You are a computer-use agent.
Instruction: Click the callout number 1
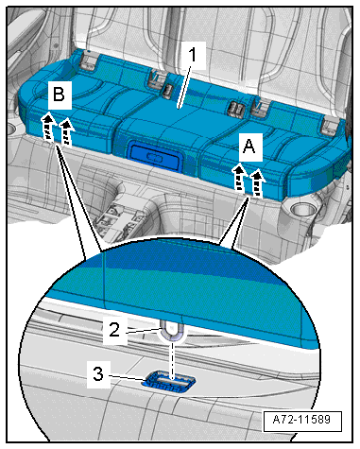coord(193,55)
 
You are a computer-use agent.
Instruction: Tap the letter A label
coord(249,147)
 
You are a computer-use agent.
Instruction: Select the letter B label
coord(59,95)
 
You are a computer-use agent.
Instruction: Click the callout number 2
coord(114,330)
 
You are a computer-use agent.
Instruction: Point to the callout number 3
coord(98,374)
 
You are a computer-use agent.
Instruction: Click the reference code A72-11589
coord(301,420)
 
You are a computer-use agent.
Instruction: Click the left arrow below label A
coord(239,179)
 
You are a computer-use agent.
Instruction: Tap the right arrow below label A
coord(257,183)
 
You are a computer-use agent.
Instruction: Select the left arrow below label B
coord(47,127)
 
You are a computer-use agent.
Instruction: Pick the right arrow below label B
coord(66,132)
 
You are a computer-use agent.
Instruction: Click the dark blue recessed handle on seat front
coord(155,155)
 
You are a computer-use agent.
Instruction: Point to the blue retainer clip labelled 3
coord(168,381)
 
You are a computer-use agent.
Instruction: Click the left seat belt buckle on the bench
coord(166,91)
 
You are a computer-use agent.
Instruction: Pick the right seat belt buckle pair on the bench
coord(237,109)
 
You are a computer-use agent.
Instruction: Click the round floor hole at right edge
coord(301,209)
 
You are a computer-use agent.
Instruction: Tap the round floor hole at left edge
coord(10,129)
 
